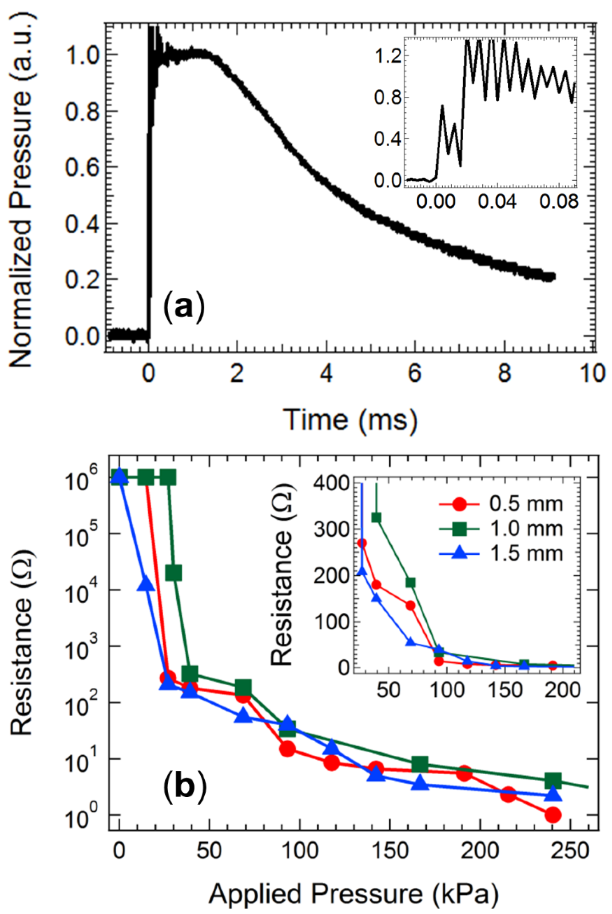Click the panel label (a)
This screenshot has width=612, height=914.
(x=184, y=310)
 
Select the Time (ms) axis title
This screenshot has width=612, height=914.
(x=352, y=420)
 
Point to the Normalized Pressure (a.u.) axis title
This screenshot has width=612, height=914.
(x=20, y=191)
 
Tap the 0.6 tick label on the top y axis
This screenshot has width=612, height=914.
(x=83, y=168)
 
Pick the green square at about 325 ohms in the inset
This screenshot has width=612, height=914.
(x=376, y=517)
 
